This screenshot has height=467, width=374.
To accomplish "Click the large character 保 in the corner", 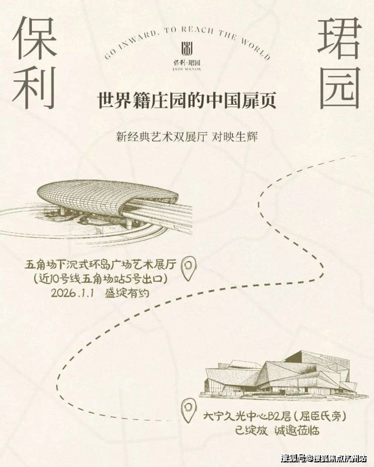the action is pos(34,37).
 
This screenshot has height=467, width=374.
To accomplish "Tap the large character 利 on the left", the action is pos(34,87).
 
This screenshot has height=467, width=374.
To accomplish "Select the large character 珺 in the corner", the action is pos(340,37).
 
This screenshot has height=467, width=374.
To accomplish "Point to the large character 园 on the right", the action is pos(340,88).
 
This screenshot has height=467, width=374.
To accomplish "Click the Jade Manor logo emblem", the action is pos(187,49).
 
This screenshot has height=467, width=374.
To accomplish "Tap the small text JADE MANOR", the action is pos(187,69).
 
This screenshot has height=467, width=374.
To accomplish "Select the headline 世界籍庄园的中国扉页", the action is pos(187,100).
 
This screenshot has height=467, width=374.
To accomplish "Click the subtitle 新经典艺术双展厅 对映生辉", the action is pos(187,137).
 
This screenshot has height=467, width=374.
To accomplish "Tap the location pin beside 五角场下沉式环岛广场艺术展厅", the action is pos(189,268).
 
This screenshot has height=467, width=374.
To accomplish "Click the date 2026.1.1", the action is pos(73,293).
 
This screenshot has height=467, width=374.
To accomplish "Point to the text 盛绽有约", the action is pos(126,293).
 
